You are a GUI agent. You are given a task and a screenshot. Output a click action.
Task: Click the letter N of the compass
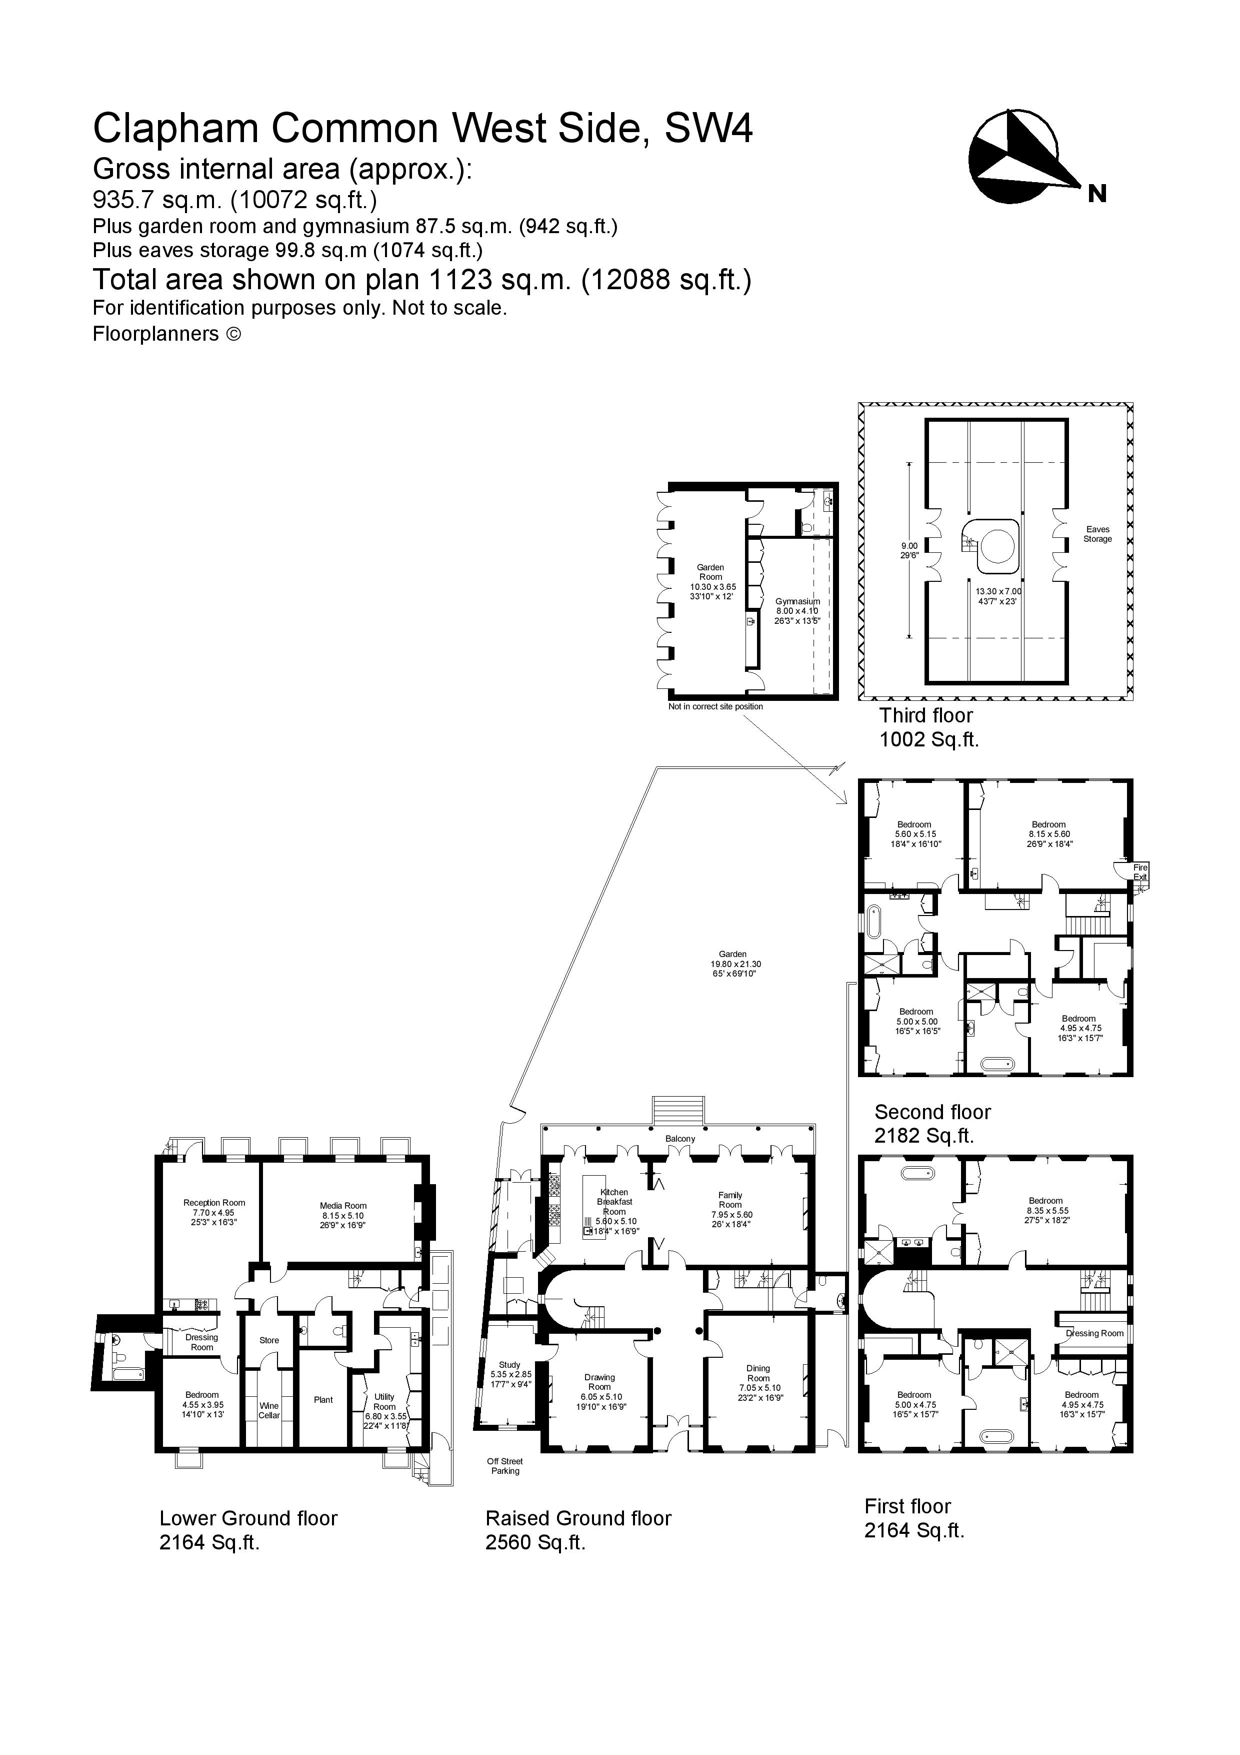(x=1096, y=194)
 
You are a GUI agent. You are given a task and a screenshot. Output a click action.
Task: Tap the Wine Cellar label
(x=269, y=1410)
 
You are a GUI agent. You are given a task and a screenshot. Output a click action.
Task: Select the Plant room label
(x=323, y=1400)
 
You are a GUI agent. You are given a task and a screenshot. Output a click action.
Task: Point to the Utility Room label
(x=384, y=1401)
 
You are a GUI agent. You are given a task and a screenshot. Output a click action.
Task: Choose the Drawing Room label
(x=600, y=1382)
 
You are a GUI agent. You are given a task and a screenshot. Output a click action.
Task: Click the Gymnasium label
(x=797, y=601)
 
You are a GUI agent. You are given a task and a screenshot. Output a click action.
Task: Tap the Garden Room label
(x=710, y=572)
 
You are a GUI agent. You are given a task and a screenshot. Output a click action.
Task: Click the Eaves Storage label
(x=1097, y=533)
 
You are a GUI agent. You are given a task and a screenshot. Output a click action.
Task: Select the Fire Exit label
(x=1140, y=872)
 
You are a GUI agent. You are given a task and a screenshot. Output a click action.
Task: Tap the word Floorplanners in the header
(x=155, y=334)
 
